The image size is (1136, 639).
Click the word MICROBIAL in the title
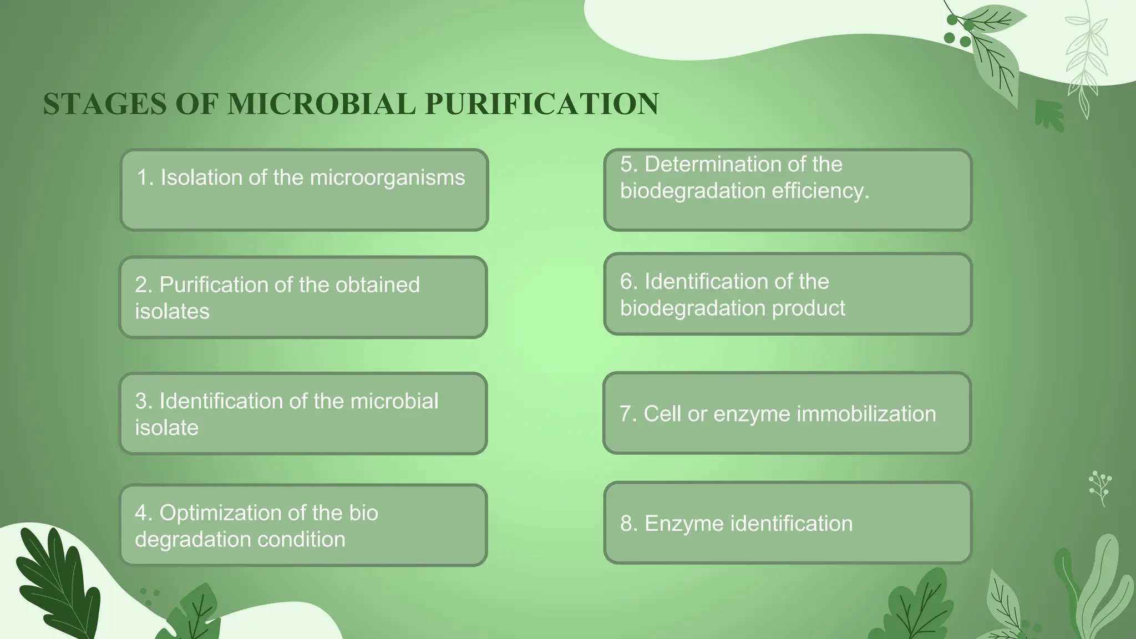[321, 104]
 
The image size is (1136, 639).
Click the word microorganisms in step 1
[387, 177]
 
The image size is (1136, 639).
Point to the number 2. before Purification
[143, 285]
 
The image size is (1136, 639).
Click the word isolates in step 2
[172, 312]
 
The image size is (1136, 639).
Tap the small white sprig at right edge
[1099, 487]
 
